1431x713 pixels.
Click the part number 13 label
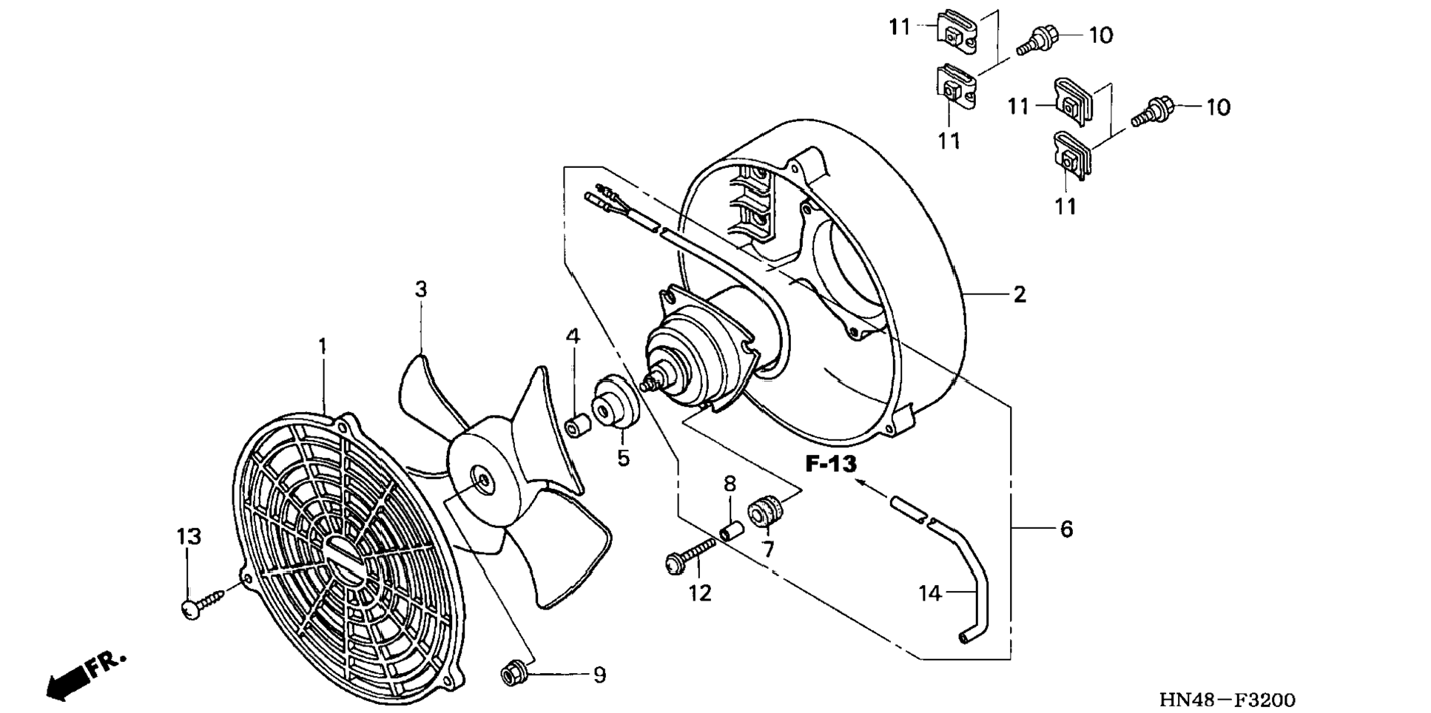(x=189, y=536)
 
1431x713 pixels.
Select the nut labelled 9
(x=511, y=675)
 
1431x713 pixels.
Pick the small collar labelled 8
(x=731, y=530)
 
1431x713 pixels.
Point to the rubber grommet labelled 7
(x=764, y=512)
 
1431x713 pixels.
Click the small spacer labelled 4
(x=576, y=427)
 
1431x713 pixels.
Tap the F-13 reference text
(x=831, y=464)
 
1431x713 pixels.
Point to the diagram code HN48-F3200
(x=1227, y=700)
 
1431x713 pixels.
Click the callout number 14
(x=930, y=592)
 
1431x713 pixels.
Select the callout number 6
(x=1066, y=529)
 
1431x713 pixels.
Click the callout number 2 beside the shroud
(x=1020, y=294)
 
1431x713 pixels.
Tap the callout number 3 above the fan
(x=421, y=289)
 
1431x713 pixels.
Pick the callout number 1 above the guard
(x=323, y=345)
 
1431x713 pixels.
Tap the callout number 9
(x=599, y=675)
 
